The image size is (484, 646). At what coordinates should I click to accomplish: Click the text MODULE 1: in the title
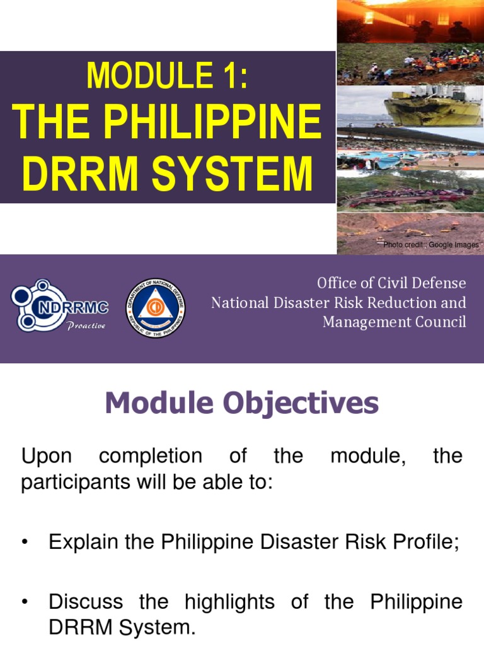click(167, 76)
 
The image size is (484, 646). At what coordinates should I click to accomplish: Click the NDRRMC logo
click(60, 307)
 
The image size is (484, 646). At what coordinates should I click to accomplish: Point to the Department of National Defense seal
click(155, 308)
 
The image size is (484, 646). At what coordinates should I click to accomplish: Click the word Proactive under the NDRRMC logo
click(86, 326)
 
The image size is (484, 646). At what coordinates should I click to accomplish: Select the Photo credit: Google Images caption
click(431, 245)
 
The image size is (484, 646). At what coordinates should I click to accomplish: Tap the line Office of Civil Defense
click(391, 283)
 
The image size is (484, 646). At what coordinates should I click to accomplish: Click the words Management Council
click(395, 322)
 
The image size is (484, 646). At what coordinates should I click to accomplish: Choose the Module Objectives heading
click(242, 403)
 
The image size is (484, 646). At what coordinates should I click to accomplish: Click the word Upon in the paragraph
click(47, 456)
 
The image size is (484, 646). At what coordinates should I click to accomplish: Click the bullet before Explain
click(25, 543)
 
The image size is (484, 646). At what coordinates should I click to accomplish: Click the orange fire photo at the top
click(410, 21)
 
